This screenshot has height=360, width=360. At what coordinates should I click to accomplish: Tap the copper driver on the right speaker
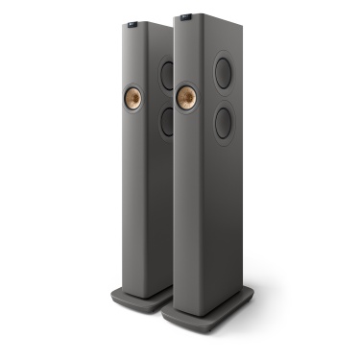187,96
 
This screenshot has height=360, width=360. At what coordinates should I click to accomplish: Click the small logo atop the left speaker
133,20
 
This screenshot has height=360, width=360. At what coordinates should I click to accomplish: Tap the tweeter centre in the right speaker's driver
187,96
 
